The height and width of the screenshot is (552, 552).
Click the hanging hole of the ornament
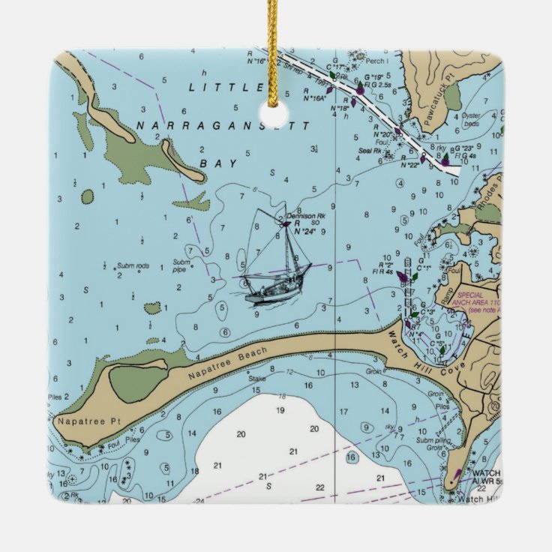[x=274, y=115]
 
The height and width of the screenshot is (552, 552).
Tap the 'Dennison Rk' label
[x=302, y=216]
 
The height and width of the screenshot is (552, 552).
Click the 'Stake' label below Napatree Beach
[x=257, y=379]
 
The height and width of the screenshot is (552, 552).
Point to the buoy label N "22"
[x=409, y=164]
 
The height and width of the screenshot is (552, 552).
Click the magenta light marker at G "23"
[x=445, y=160]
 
